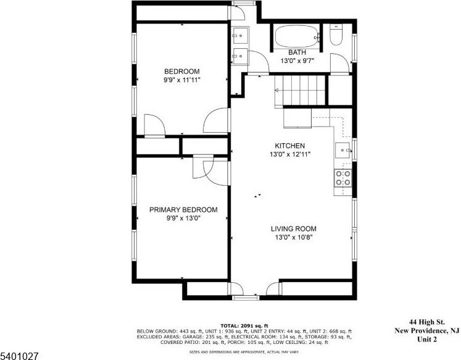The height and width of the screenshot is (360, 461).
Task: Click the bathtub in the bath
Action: tap(297, 36)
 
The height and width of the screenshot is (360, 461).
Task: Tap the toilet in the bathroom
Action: tap(336, 35)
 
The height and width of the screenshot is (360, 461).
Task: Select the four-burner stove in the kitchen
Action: tap(343, 178)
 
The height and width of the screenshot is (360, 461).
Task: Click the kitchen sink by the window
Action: tap(343, 150)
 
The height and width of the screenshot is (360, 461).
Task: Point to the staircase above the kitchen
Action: tap(300, 90)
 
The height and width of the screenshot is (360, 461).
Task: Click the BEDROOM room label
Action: tap(181, 72)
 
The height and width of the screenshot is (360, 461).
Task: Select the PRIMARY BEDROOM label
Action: tap(183, 210)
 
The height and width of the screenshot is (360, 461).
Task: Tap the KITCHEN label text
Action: tap(289, 146)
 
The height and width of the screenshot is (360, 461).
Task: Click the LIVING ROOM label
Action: tap(293, 228)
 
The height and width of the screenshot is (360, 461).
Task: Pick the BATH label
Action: tap(297, 52)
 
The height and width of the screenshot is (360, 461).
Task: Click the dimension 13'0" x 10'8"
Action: tap(293, 237)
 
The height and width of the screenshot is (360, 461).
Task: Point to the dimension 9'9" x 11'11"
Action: tap(181, 80)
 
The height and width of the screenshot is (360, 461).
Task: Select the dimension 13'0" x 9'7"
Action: tap(297, 61)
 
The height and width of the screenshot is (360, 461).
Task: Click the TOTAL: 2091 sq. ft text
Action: tap(244, 325)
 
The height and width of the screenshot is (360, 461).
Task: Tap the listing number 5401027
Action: tap(19, 356)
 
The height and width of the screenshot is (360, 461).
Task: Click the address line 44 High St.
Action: tap(427, 322)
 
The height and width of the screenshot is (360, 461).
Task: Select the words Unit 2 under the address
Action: tap(427, 339)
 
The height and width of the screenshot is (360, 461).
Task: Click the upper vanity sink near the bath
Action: tap(240, 36)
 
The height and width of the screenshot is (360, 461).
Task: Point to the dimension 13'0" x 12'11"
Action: tap(290, 154)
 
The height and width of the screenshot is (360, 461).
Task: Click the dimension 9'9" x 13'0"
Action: tap(183, 218)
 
